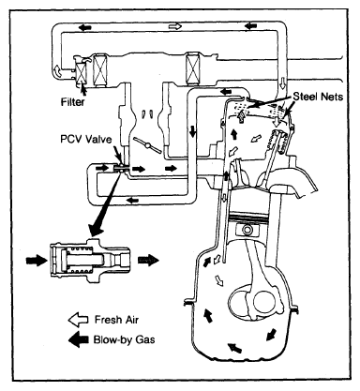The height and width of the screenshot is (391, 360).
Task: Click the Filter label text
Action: pyautogui.click(x=73, y=101)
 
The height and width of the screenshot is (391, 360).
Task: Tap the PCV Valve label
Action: pyautogui.click(x=86, y=139)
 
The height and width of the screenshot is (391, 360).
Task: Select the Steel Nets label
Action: pyautogui.click(x=318, y=97)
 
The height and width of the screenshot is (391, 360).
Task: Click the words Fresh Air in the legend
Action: pyautogui.click(x=116, y=320)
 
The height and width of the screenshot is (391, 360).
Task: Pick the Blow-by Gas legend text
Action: pyautogui.click(x=124, y=339)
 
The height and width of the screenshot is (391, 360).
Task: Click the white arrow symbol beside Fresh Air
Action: pyautogui.click(x=78, y=320)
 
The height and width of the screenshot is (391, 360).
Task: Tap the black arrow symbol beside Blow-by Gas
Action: pyautogui.click(x=79, y=339)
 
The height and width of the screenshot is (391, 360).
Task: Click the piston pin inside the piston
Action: pyautogui.click(x=247, y=231)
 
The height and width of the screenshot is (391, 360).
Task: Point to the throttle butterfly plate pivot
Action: pyautogui.click(x=148, y=145)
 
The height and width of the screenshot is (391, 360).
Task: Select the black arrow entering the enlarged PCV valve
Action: pyautogui.click(x=36, y=260)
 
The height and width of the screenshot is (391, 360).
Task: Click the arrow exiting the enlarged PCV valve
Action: pyautogui.click(x=148, y=260)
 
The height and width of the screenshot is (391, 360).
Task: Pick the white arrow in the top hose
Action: pyautogui.click(x=175, y=26)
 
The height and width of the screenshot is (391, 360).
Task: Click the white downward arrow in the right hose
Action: pyautogui.click(x=283, y=83)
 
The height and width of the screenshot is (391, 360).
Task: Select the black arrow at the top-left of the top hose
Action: pyautogui.click(x=85, y=27)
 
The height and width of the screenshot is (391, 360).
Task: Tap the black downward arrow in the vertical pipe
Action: pyautogui.click(x=192, y=131)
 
